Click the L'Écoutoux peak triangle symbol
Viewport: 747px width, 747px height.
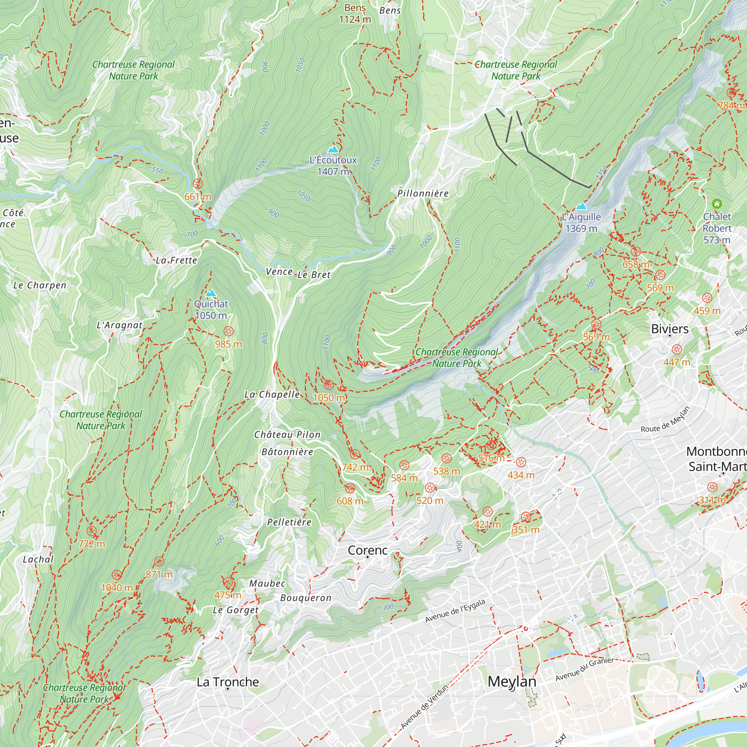coord(333,149)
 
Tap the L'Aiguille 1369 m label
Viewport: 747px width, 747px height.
coord(581,223)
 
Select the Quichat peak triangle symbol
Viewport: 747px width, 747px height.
coord(211,293)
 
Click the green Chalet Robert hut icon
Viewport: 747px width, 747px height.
coord(717,204)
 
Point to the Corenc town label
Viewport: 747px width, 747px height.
coord(367,550)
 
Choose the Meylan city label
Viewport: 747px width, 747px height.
coord(512,682)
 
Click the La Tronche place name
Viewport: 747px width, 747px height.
coord(228,682)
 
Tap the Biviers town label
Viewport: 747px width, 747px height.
coord(670,329)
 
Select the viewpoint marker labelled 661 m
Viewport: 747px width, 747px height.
coord(198,184)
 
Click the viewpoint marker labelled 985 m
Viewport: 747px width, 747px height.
coord(229,331)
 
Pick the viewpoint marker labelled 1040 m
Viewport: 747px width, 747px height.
coord(117,575)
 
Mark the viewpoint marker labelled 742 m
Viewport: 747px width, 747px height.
coord(355,454)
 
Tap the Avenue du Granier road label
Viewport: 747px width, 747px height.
coord(584,669)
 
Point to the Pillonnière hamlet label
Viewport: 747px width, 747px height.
coord(423,193)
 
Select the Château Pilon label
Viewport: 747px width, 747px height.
coord(287,435)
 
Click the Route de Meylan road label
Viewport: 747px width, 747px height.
coord(665,419)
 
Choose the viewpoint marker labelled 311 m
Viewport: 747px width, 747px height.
coord(712,487)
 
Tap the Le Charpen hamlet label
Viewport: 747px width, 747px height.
coord(40,285)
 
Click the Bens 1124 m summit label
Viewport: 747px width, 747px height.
coord(355,13)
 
